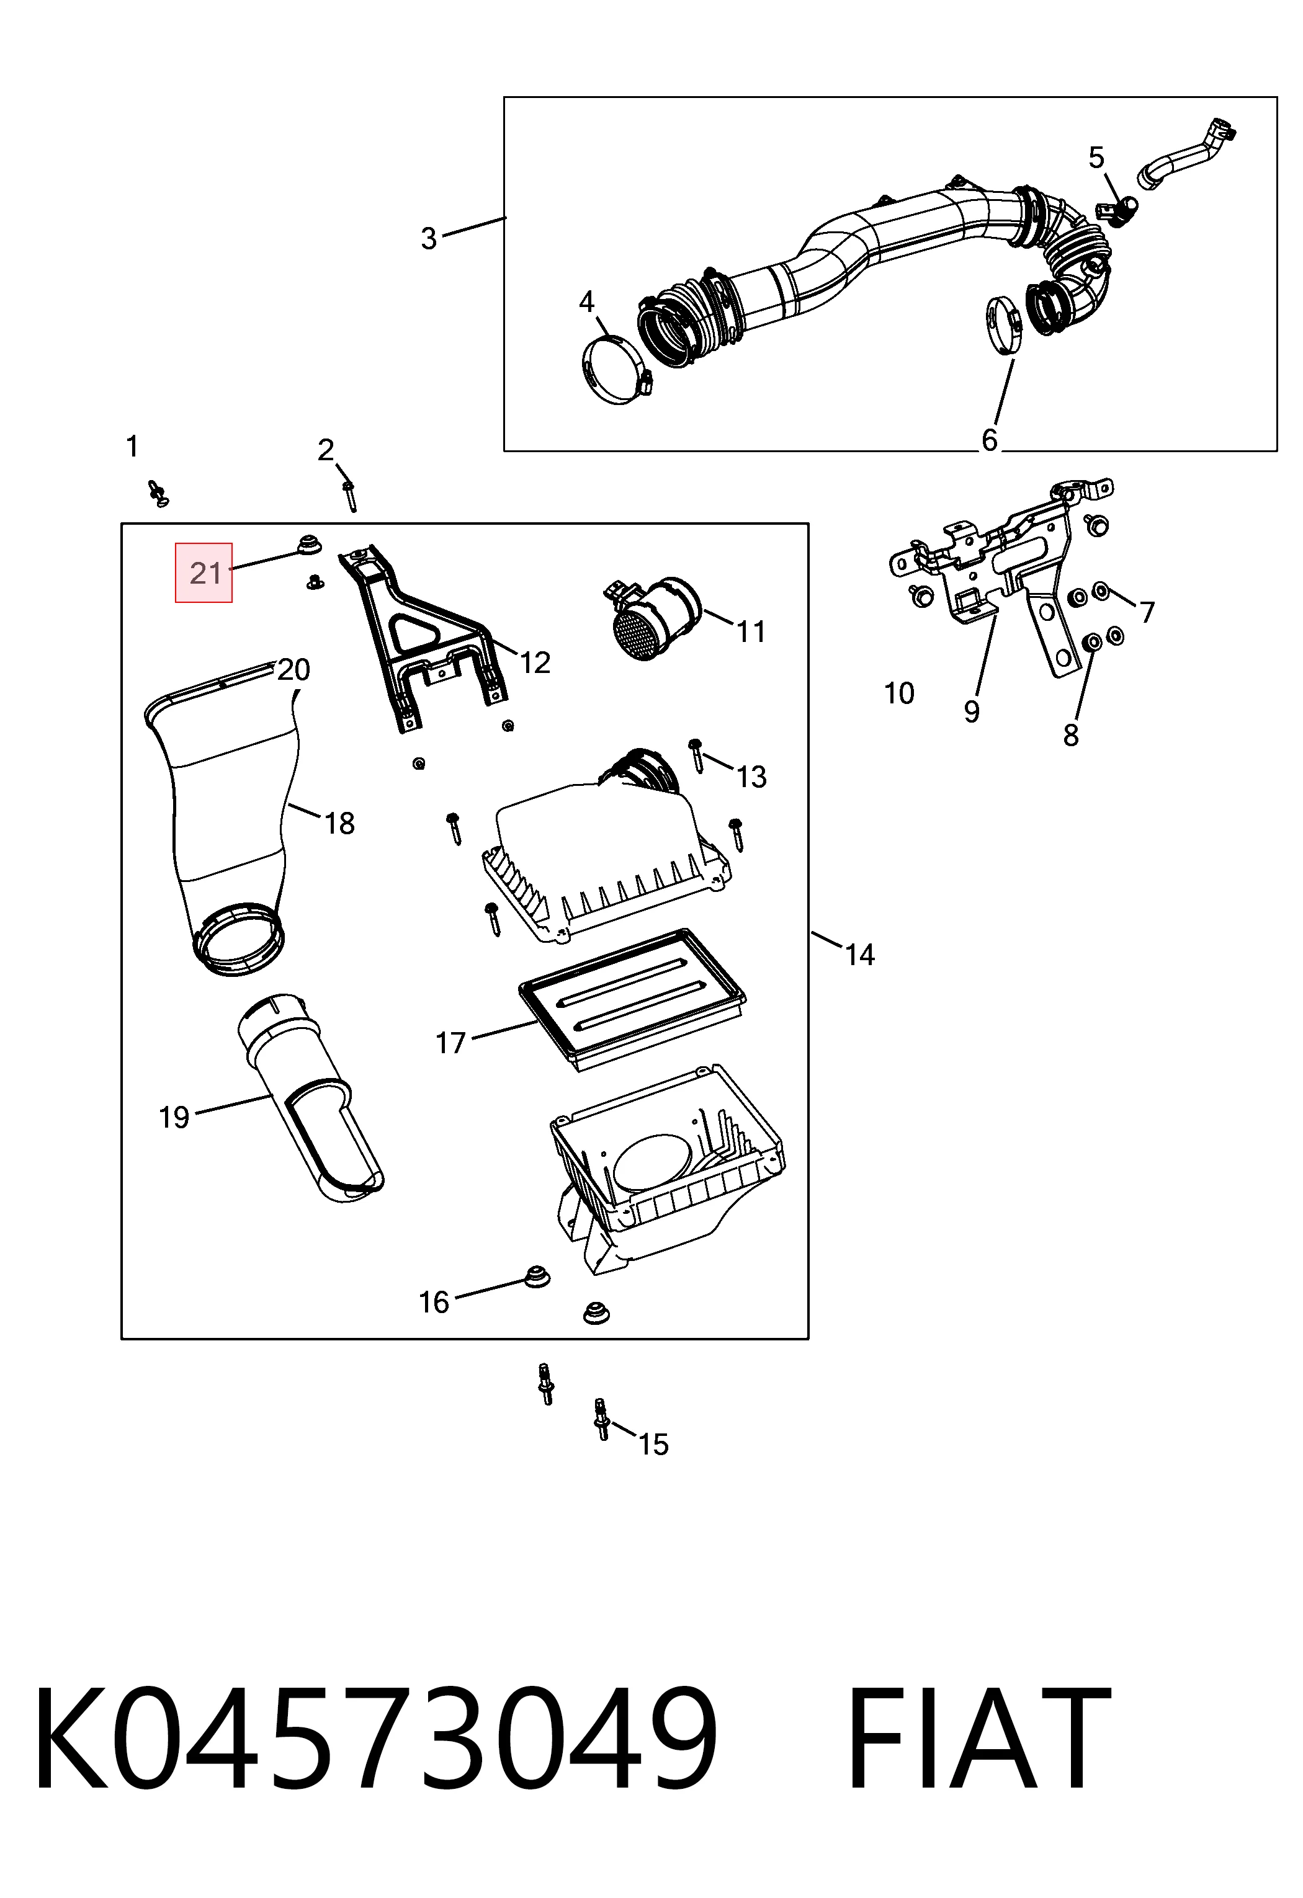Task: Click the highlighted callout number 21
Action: click(204, 573)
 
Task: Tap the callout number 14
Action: click(859, 954)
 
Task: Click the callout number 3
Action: click(428, 238)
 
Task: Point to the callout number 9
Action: click(971, 711)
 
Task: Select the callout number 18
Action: click(340, 823)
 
